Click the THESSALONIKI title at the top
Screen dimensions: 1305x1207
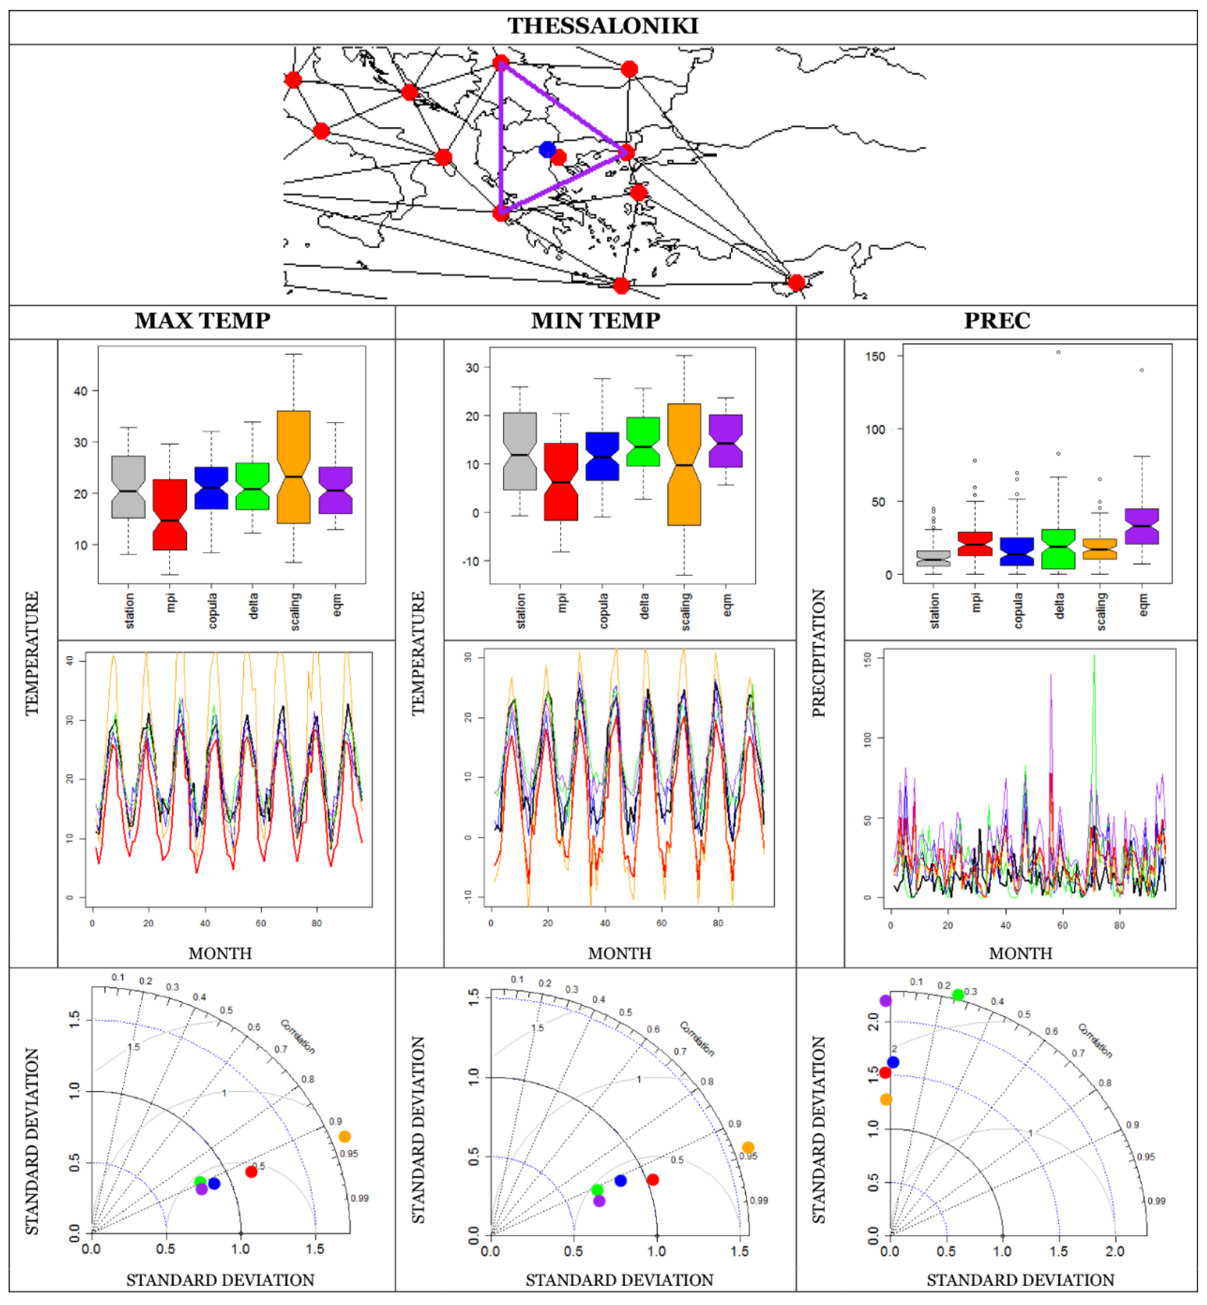[x=603, y=26]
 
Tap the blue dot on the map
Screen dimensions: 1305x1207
[x=547, y=149]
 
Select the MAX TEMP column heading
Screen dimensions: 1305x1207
[x=202, y=320]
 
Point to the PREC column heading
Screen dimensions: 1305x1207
[x=997, y=320]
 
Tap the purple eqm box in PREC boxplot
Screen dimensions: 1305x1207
[x=1142, y=526]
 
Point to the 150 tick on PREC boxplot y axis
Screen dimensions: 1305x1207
[x=875, y=356]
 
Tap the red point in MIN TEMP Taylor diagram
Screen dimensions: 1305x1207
[x=652, y=1180]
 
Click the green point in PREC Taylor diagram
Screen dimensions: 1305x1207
[x=958, y=995]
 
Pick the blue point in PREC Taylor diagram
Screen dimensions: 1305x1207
[x=893, y=1062]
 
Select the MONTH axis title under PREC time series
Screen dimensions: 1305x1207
[x=1020, y=954]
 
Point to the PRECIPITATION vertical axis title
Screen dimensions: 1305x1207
[x=818, y=653]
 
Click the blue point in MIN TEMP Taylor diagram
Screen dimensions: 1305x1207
[x=621, y=1180]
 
